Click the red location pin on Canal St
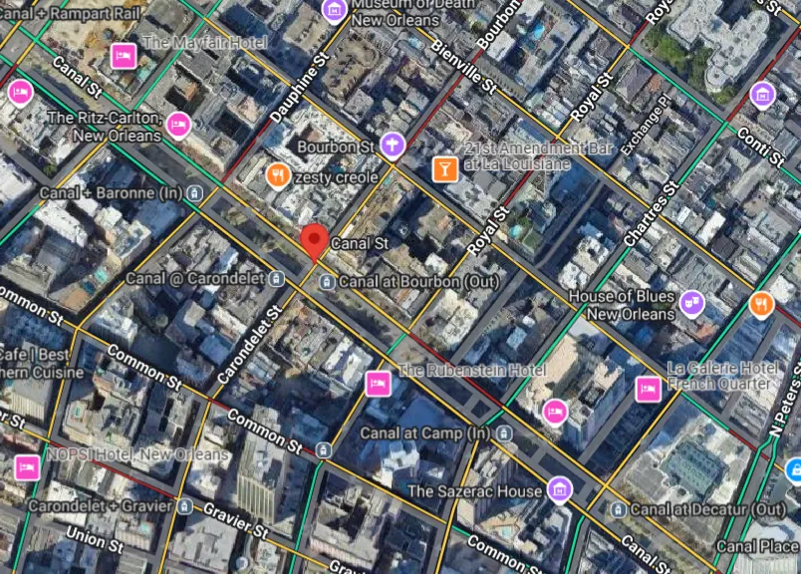(315, 239)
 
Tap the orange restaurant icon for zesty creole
(279, 176)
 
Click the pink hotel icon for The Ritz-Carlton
(178, 125)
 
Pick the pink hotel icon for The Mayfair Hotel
(124, 55)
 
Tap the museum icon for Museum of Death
(335, 11)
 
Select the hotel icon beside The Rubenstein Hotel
(378, 383)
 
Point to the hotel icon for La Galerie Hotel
(648, 388)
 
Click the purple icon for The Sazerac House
(560, 489)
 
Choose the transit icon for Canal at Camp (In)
(505, 433)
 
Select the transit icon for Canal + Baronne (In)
(197, 192)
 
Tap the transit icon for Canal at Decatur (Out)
(619, 509)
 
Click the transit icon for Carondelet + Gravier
(183, 506)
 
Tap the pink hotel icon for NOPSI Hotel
(27, 466)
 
